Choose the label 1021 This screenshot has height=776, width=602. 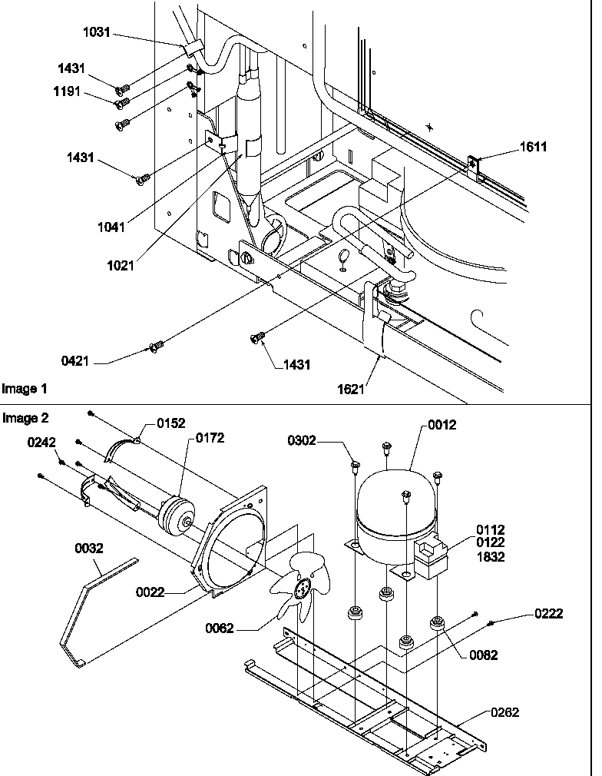[121, 266]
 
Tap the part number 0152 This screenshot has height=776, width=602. [171, 423]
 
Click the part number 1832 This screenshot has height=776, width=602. [491, 557]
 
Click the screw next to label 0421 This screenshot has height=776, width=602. [157, 348]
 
